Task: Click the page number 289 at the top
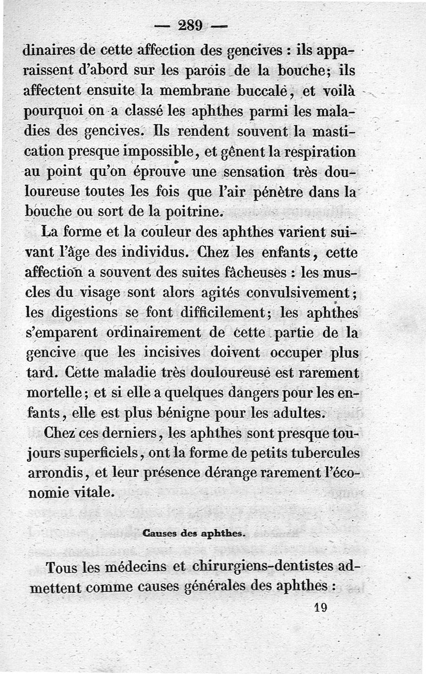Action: pyautogui.click(x=193, y=26)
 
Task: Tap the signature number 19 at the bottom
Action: pyautogui.click(x=321, y=607)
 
